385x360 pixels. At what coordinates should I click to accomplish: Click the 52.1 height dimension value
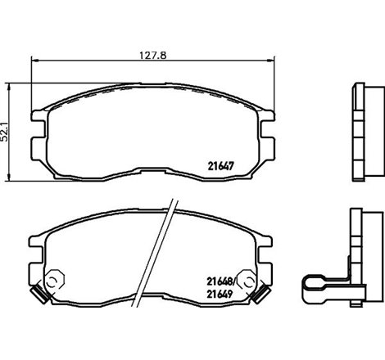(7, 129)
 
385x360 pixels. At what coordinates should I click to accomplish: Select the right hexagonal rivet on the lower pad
(245, 280)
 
